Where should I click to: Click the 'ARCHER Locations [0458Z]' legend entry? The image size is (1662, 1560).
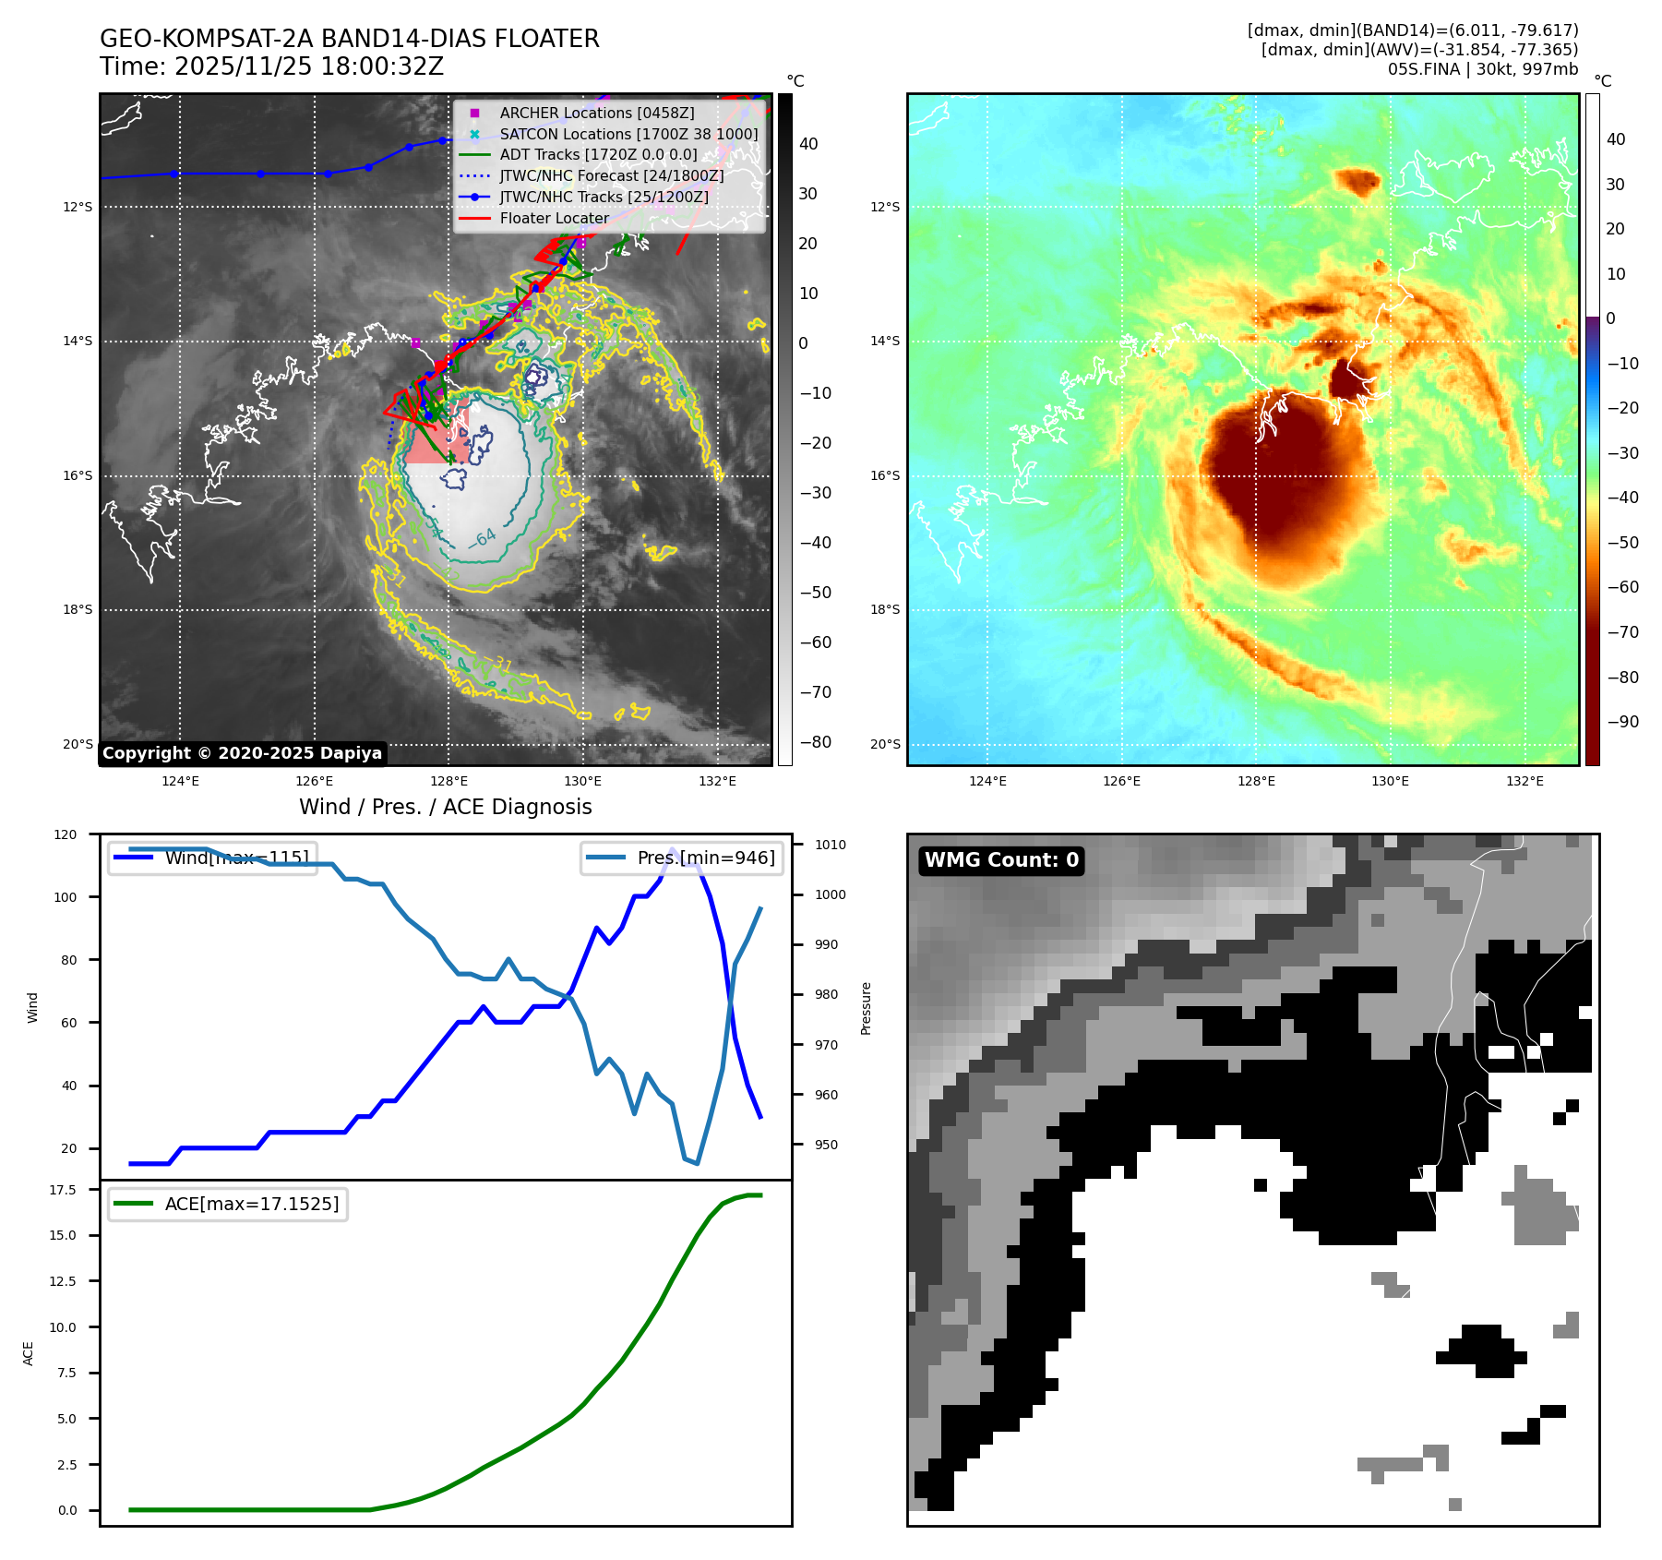(x=596, y=113)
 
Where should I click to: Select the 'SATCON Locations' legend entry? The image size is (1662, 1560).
(x=628, y=134)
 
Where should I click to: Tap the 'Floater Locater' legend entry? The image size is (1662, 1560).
(x=554, y=219)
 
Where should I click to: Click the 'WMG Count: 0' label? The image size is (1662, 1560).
(x=1001, y=860)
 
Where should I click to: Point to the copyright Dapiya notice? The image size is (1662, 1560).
(x=242, y=753)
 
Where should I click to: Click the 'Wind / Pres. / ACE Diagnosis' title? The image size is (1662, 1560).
(x=445, y=807)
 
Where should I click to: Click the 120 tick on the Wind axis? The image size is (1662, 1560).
(x=66, y=834)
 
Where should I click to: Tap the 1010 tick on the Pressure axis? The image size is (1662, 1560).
(x=831, y=845)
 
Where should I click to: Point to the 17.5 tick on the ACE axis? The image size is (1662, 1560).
(x=63, y=1190)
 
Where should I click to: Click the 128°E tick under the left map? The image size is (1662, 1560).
(x=449, y=781)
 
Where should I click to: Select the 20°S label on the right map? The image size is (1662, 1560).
(x=884, y=744)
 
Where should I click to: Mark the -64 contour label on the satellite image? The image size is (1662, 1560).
(x=483, y=539)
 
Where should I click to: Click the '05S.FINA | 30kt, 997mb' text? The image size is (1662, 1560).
(x=1482, y=69)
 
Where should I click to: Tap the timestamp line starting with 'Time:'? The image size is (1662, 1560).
(x=271, y=67)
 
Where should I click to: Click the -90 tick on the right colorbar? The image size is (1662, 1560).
(x=1622, y=722)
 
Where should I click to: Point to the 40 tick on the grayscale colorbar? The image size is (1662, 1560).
(x=808, y=144)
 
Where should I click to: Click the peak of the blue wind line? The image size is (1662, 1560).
(x=672, y=849)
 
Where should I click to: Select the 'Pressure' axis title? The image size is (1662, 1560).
(x=866, y=1008)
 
